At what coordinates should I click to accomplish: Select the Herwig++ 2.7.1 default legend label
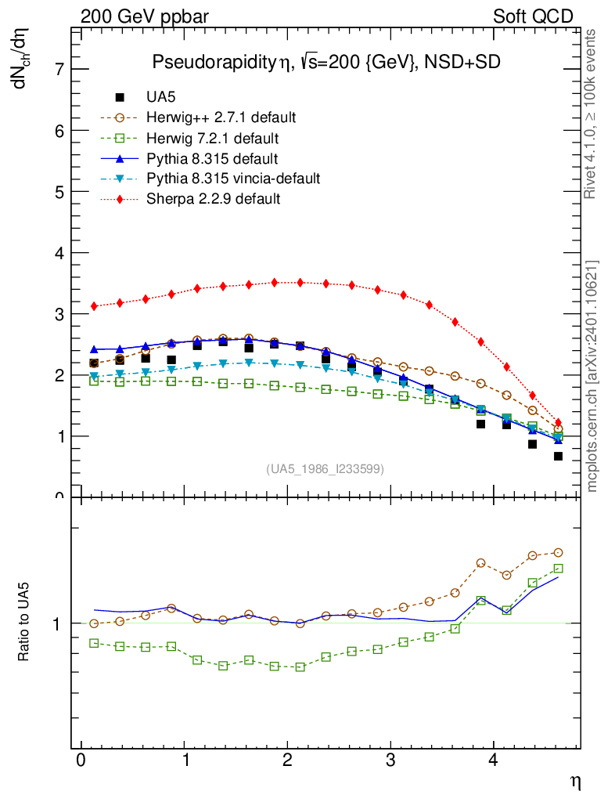pos(221,117)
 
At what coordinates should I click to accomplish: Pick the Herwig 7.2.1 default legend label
pos(212,138)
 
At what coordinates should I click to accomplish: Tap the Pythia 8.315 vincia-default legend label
pos(233,179)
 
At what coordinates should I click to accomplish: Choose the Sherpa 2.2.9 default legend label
pos(213,199)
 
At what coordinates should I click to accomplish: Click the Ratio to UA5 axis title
pos(24,623)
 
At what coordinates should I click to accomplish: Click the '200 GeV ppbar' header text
pos(145,16)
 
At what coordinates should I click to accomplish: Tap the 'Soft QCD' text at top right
pos(533,16)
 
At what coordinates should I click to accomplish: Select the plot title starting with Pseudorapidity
pos(325,63)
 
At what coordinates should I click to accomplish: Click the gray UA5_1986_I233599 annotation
pos(325,469)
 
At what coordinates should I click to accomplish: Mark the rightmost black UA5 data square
pos(558,456)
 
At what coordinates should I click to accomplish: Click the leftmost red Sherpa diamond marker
pos(94,306)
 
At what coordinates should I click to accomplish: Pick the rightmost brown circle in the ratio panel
pos(558,552)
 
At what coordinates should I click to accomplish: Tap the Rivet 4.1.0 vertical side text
pos(592,114)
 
